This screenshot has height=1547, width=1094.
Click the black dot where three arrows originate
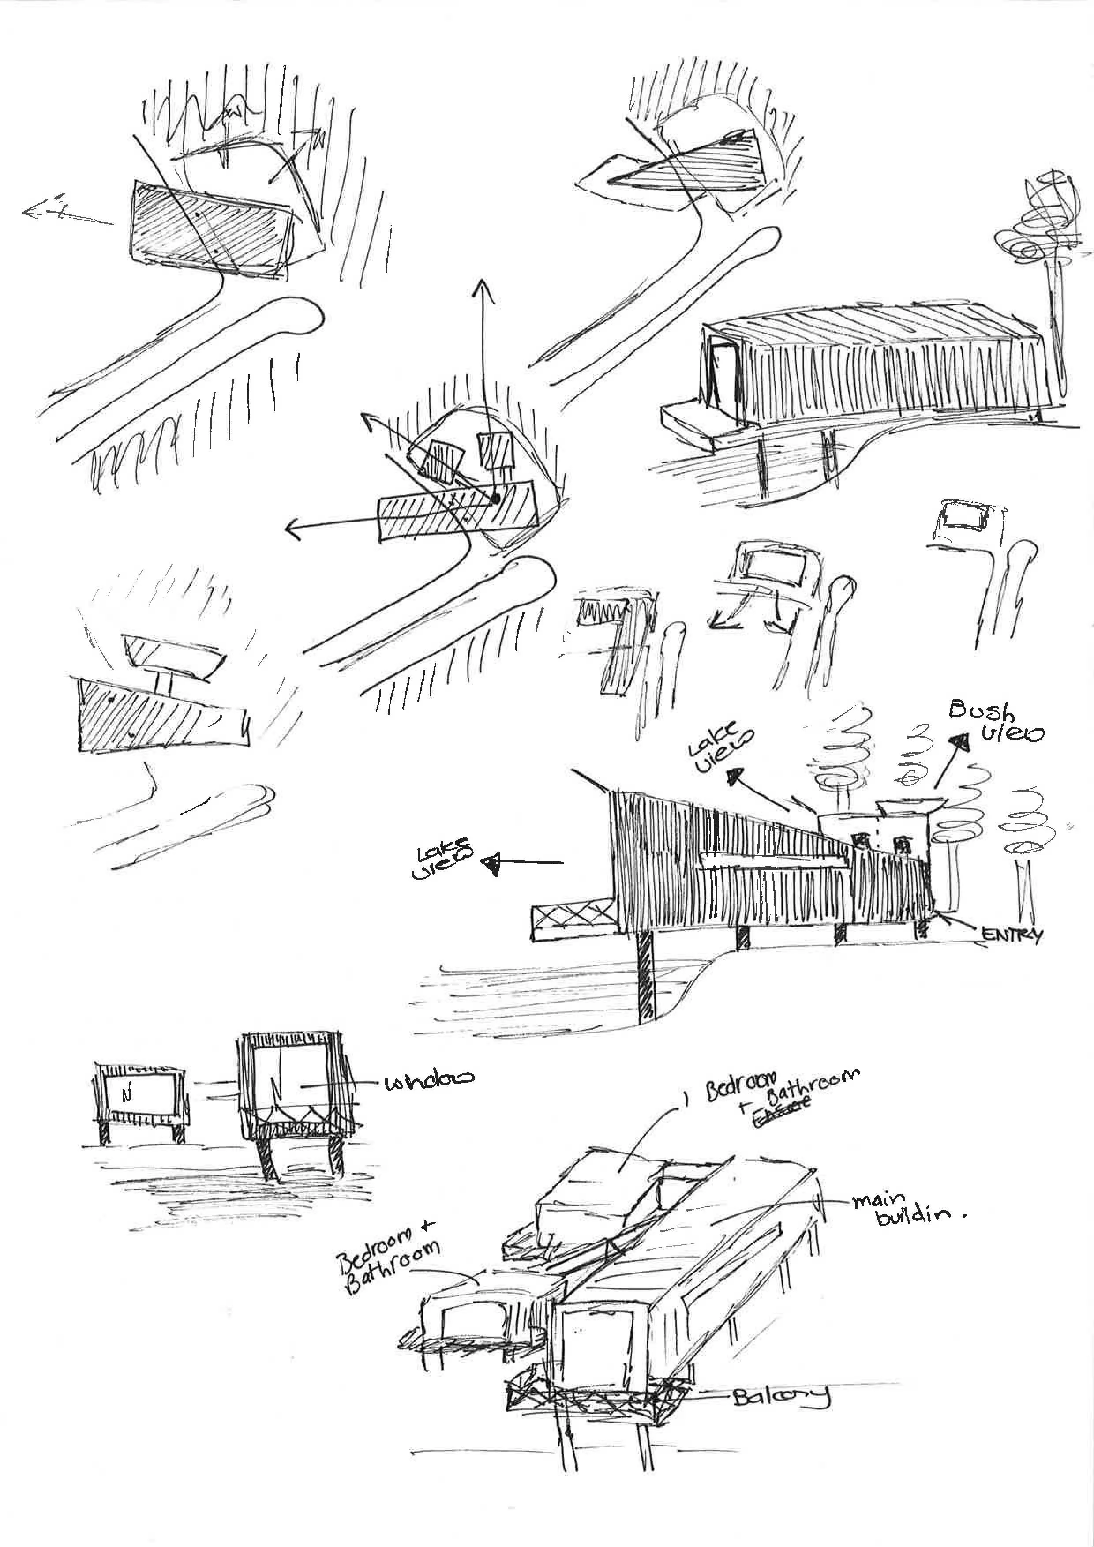coord(495,499)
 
